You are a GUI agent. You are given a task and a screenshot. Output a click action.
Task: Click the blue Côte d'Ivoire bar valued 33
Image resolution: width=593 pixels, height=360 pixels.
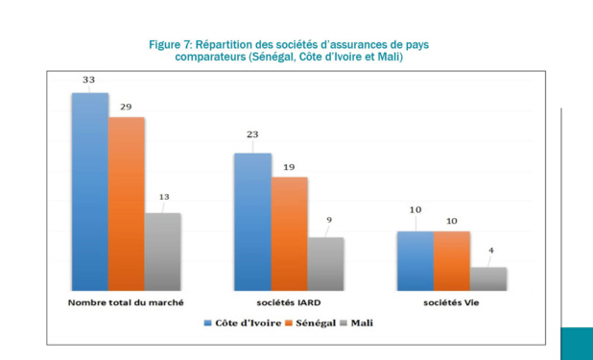[90, 191]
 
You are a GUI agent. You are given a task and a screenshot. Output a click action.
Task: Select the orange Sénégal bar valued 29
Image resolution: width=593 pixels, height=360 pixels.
[127, 204]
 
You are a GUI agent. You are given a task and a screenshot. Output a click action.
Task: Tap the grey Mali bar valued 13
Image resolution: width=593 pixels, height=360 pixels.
[163, 252]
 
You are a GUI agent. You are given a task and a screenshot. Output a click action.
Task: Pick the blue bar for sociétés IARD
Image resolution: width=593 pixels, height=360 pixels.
[253, 221]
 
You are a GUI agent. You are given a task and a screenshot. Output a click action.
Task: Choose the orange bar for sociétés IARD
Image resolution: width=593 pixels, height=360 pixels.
[290, 233]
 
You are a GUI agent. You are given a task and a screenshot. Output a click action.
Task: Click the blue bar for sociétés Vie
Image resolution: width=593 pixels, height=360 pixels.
[415, 260]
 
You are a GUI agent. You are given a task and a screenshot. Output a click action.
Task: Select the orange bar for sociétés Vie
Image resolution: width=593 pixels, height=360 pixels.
[452, 260]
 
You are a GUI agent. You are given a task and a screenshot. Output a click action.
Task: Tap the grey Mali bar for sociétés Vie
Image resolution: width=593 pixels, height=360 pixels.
[488, 278]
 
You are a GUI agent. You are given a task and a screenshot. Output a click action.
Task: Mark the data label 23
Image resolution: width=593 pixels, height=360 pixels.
[251, 134]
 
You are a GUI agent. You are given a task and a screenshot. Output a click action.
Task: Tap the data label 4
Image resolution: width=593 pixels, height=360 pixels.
[490, 252]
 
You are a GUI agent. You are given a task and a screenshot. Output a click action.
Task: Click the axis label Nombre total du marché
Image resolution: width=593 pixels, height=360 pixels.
[126, 302]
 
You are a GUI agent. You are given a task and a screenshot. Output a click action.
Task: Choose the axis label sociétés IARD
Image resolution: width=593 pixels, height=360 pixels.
[290, 302]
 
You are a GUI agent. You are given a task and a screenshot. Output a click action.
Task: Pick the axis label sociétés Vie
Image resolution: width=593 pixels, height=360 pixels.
[452, 302]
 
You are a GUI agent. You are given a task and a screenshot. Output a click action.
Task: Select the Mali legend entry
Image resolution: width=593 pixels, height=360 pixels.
[359, 324]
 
